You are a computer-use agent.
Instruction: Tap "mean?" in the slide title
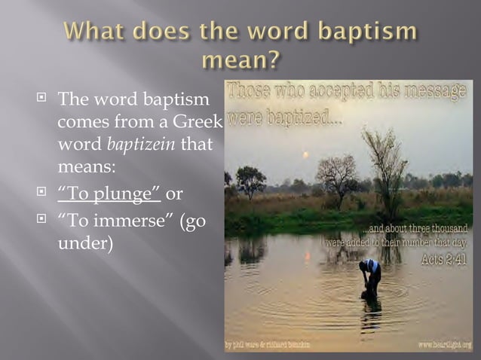pyautogui.click(x=240, y=59)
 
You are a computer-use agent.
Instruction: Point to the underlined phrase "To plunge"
pyautogui.click(x=109, y=194)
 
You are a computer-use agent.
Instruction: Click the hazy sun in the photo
pyautogui.click(x=305, y=154)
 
